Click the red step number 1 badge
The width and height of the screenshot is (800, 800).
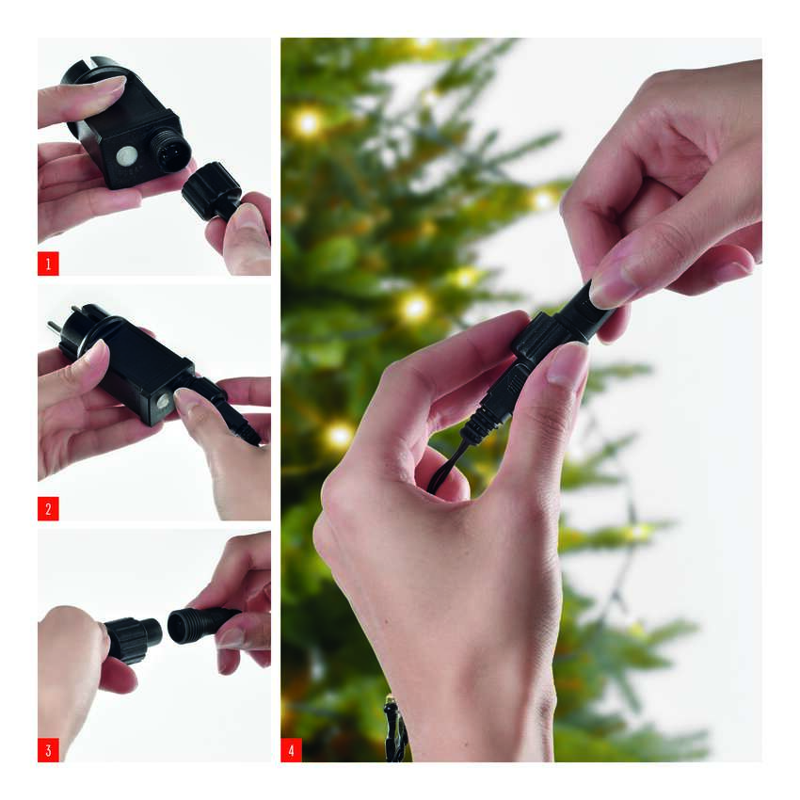click(48, 264)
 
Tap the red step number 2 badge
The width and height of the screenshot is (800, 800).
click(48, 508)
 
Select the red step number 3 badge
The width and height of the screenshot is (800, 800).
click(48, 750)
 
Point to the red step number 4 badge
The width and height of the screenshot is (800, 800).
click(292, 750)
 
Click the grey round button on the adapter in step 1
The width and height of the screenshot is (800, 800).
click(126, 156)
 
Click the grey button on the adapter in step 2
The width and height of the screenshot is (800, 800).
click(163, 401)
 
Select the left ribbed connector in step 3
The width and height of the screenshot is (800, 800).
click(133, 638)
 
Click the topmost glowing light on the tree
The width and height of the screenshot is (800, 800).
click(424, 43)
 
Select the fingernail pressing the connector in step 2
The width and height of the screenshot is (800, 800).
click(186, 401)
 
